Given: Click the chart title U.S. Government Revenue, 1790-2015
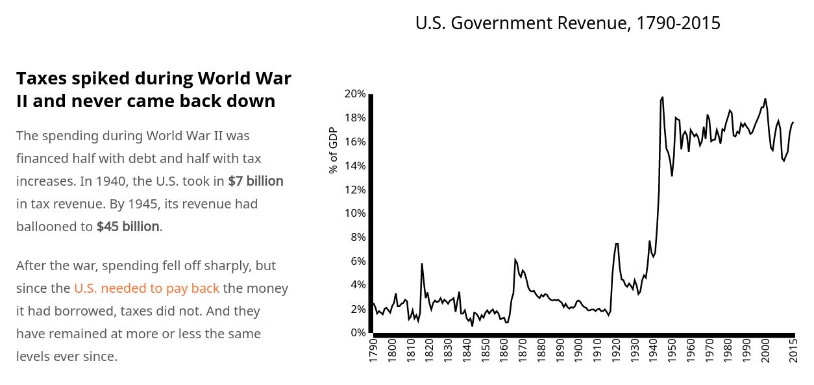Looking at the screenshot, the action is point(567,23).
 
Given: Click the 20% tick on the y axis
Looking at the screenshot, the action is point(355,93).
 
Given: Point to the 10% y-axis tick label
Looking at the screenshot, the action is point(355,213).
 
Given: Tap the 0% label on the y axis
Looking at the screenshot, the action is point(358,332).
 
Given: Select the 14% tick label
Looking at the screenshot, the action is point(355,166).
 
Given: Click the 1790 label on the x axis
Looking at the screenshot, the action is point(373,351).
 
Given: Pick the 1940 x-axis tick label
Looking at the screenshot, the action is point(653,351).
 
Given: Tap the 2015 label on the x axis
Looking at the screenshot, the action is point(793,351).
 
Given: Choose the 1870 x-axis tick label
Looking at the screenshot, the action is point(523,351).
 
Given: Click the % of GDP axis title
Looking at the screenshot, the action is point(333,151).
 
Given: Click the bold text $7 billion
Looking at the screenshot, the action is point(256,181).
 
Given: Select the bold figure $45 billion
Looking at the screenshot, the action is point(127,227).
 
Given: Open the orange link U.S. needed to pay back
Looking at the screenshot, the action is point(147,288).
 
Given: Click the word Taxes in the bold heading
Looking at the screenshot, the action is point(42,78).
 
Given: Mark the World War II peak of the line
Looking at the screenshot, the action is point(662,97).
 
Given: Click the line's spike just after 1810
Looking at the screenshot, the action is point(421,264).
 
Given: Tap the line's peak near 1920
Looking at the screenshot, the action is point(616,243).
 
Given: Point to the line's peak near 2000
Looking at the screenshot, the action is point(765,99).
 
